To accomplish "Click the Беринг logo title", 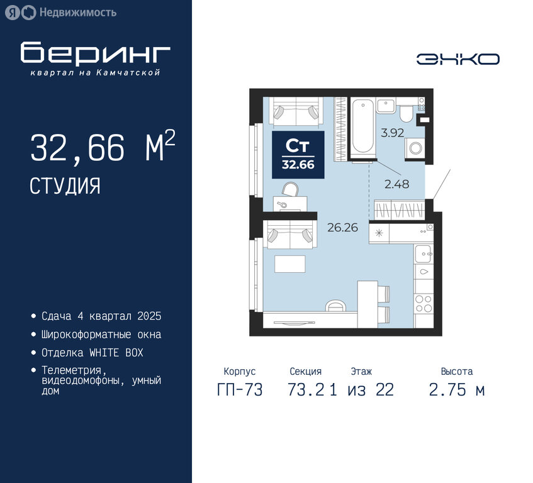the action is coord(95,52).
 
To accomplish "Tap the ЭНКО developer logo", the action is coord(457,59).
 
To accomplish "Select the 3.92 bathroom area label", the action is coord(392,133).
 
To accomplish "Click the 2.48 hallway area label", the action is coord(396,184).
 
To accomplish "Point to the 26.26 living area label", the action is coord(342,227).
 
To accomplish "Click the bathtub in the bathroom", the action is coord(362,128).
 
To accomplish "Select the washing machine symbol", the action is coord(415,148).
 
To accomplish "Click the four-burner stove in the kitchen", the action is coord(424,303).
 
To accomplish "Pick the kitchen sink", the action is coord(424,253).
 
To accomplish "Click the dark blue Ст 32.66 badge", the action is coord(298,155).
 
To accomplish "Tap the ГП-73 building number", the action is coord(240,389).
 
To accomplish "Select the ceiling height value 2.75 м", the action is coord(456,389).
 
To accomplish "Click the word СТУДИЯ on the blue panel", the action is coord(65,186).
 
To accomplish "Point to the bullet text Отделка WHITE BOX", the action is coord(92,353).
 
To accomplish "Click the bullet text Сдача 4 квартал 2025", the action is coord(101,316).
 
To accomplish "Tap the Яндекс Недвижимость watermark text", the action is coord(78,13).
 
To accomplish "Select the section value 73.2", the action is coord(306,389).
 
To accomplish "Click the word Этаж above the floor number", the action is coord(361,371).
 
